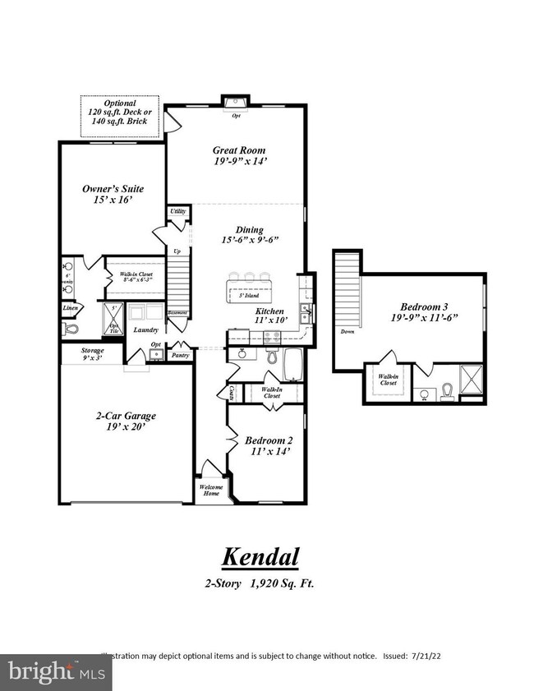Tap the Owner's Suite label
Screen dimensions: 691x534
[108, 188]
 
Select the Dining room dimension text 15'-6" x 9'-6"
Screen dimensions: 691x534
[250, 240]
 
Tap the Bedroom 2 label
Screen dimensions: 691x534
[268, 440]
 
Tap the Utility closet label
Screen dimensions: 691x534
[177, 211]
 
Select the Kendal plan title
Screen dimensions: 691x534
[260, 556]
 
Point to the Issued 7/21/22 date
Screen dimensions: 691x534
[421, 656]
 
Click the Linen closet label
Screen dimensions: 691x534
[71, 309]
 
